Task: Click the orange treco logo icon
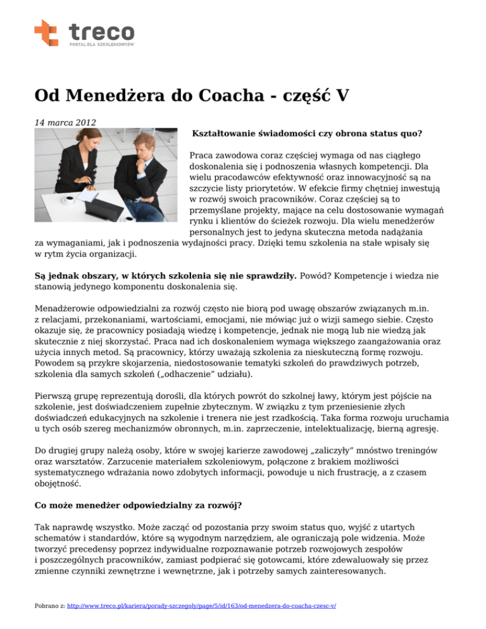pos(46,32)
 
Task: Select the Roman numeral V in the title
pos(342,96)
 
